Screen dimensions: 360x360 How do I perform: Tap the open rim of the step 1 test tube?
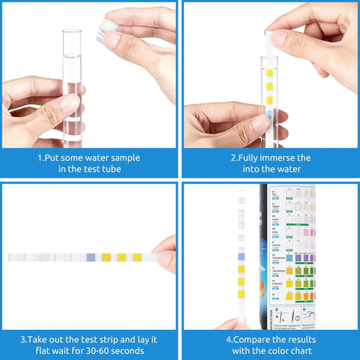pos(73,32)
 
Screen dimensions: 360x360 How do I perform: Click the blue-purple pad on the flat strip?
pos(91,257)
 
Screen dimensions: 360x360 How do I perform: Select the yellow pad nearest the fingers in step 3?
pos(137,257)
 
